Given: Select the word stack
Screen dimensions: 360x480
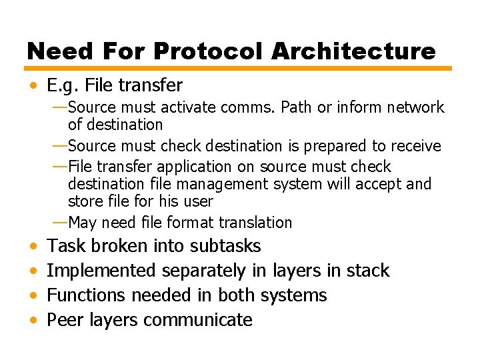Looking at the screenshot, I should [x=367, y=271].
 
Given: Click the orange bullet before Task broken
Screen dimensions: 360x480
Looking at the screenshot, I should [x=33, y=247].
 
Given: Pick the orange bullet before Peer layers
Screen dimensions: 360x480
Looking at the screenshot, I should [x=33, y=321].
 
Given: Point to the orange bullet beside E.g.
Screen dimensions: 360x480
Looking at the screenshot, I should [x=33, y=86].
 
